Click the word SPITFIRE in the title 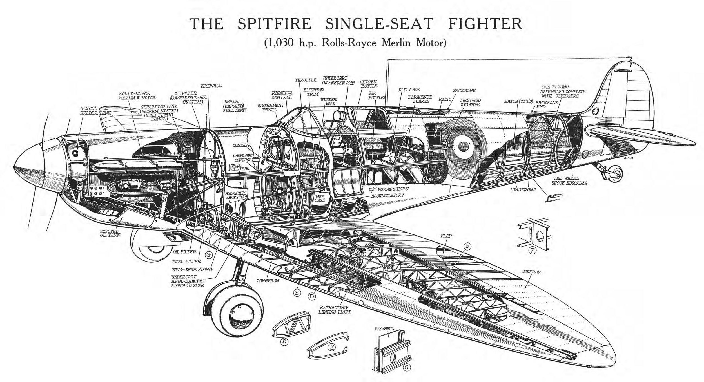(x=274, y=24)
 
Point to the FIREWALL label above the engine (x=211, y=86)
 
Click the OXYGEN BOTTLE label (x=368, y=84)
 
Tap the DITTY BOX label (x=409, y=90)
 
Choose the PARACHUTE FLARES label (x=420, y=99)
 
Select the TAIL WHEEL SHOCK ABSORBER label (x=569, y=180)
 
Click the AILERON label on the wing (x=531, y=272)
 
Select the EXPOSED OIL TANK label (x=110, y=233)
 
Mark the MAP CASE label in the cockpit (x=320, y=198)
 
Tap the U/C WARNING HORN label (x=389, y=189)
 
